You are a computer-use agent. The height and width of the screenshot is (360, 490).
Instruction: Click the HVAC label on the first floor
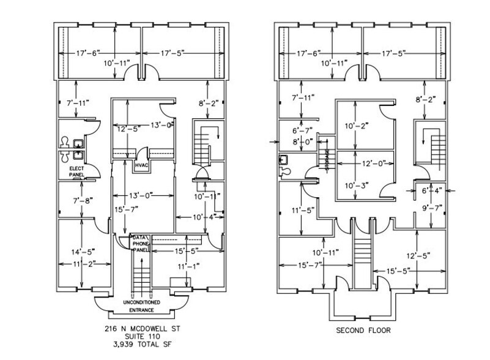(141, 165)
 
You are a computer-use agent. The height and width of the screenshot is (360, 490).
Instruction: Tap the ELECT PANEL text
(76, 171)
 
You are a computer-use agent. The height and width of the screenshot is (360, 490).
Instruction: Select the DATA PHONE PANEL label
(142, 243)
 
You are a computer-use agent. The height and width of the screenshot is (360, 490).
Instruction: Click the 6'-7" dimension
(302, 130)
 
